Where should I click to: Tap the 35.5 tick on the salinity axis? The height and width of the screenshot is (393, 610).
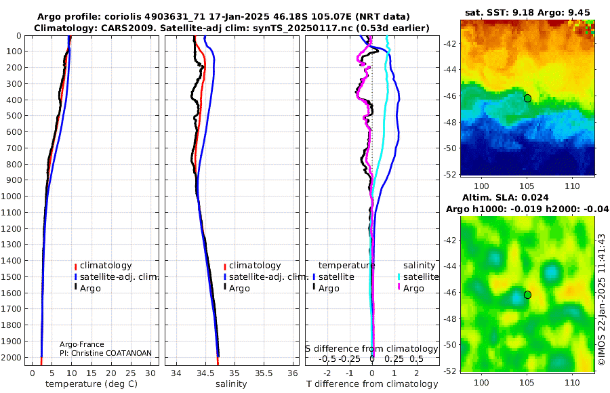click(x=262, y=373)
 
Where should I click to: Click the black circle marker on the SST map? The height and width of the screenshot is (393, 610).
click(x=527, y=98)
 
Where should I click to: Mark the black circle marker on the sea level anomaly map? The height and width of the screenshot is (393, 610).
click(x=527, y=295)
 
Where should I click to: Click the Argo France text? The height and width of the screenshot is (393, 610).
click(x=80, y=345)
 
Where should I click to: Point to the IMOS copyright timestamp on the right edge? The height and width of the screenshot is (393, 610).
click(x=601, y=298)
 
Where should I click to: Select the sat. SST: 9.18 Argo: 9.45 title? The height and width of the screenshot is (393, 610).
click(x=527, y=12)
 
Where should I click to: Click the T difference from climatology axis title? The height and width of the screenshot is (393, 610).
click(x=371, y=384)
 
